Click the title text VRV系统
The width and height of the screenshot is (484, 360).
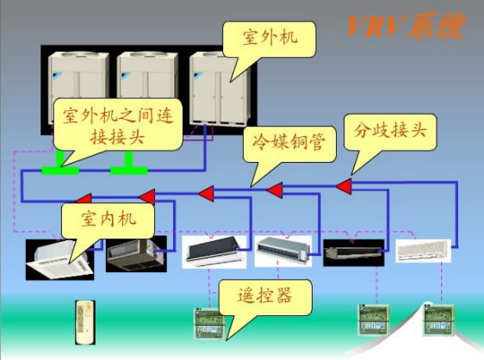[x=406, y=26]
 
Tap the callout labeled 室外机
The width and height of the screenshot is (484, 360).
[x=270, y=40]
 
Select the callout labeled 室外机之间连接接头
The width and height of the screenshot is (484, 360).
[x=118, y=124]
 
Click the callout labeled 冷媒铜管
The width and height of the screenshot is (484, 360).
[x=289, y=144]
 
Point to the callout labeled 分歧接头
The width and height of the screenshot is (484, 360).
[x=390, y=132]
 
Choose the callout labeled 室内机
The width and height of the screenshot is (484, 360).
[x=108, y=220]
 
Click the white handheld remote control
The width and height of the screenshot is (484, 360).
[x=85, y=322]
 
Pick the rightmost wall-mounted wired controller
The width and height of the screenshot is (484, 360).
[x=439, y=320]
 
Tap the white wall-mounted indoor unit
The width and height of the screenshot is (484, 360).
[x=422, y=251]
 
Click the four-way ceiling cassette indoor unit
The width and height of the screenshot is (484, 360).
[x=60, y=260]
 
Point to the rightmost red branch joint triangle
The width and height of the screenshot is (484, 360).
[x=344, y=187]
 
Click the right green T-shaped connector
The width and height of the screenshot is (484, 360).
[x=128, y=164]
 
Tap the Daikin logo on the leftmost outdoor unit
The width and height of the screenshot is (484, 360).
[x=58, y=75]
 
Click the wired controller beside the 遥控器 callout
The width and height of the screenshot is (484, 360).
[x=208, y=323]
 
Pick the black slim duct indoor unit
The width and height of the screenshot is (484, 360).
[x=354, y=252]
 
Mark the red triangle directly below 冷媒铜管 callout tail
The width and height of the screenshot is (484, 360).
[x=275, y=190]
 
